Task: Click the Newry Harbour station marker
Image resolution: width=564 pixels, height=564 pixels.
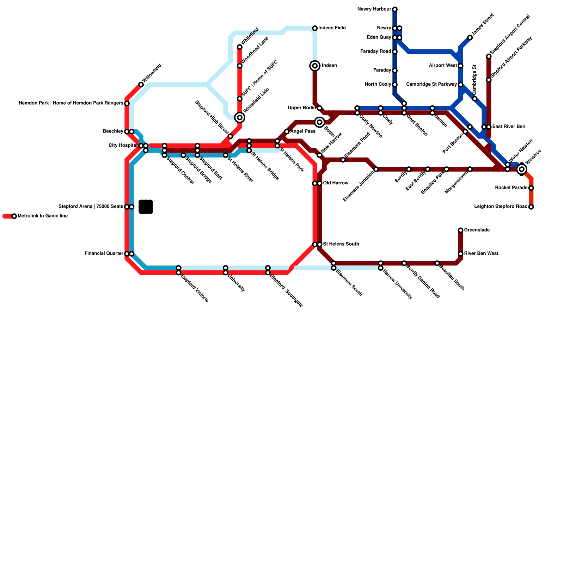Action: coord(395,9)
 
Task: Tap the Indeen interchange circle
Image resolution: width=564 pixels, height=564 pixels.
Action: coord(315,66)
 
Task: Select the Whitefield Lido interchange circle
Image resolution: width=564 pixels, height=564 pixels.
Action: coord(240,117)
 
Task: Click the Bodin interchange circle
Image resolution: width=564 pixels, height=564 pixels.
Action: coord(320,122)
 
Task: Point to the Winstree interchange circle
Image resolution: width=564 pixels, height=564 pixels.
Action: coord(522,170)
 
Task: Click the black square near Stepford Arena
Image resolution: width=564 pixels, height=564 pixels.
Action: coord(146,207)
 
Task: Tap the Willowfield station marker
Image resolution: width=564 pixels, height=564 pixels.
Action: coord(141,85)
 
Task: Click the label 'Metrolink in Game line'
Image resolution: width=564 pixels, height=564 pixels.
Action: coord(42,216)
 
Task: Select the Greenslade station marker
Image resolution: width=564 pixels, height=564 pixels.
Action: coord(460,230)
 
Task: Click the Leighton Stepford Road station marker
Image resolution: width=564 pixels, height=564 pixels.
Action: coord(531,207)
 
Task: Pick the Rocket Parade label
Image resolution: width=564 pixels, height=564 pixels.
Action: coord(511,188)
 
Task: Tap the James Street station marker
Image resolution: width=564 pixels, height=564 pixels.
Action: coord(470,38)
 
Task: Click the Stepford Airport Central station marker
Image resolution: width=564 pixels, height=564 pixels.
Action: coord(489,56)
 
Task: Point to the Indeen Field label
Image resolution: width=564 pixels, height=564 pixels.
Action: coord(332,28)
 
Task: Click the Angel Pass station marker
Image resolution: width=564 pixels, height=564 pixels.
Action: coord(287,131)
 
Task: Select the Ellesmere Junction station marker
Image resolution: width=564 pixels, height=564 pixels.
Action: coord(376,170)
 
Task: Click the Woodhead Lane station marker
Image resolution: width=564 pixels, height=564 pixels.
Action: coord(240,66)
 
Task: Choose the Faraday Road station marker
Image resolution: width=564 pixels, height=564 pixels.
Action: coord(395,52)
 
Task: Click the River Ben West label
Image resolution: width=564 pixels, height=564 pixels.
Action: coord(481,254)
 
